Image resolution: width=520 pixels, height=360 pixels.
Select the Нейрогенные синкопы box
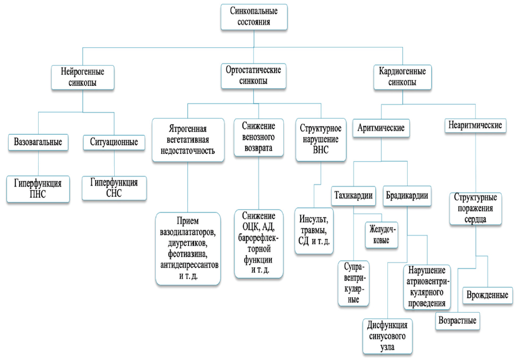point(82,77)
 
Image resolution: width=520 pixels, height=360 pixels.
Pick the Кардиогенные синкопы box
point(402,77)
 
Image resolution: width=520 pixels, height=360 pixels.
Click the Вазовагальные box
point(38,142)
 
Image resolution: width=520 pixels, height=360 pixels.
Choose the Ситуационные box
point(114,142)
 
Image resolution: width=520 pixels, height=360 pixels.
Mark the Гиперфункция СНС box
point(114,187)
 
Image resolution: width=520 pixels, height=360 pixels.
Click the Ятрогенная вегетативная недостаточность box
point(188,139)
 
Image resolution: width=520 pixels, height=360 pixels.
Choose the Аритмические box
point(381,128)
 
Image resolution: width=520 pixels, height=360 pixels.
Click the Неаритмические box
point(475,125)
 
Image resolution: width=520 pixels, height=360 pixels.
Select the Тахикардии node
point(353,195)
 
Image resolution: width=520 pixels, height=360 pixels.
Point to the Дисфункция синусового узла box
point(387,336)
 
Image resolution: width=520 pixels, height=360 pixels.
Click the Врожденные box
point(487,295)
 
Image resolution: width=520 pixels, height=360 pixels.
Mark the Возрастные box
point(458,321)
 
